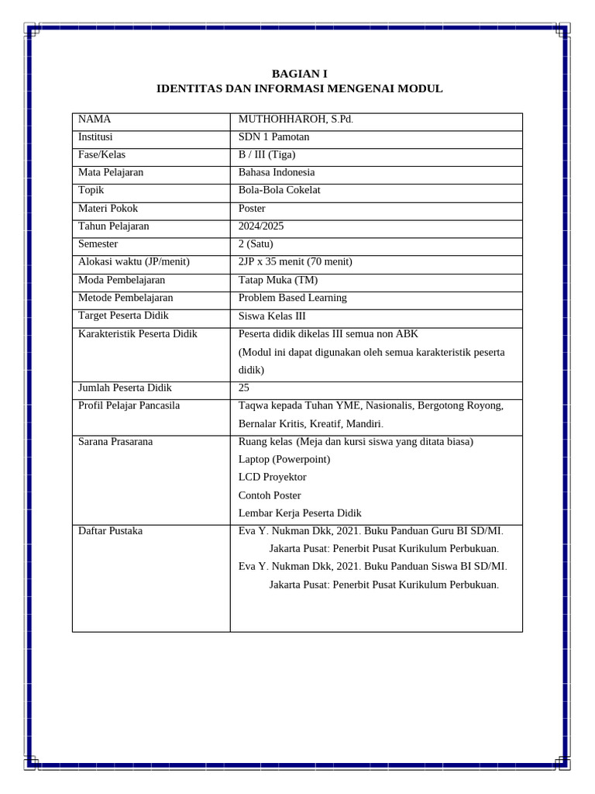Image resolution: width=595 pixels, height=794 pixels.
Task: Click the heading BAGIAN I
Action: click(299, 74)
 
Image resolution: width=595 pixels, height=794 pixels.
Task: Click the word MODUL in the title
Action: click(420, 88)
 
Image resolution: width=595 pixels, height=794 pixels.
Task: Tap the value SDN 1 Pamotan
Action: click(273, 137)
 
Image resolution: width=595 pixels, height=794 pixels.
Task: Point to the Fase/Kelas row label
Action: click(101, 155)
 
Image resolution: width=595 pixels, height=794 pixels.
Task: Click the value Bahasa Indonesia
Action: click(277, 173)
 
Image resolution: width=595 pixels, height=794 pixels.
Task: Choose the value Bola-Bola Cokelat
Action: click(279, 191)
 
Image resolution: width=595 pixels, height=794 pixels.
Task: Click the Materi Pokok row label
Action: click(108, 209)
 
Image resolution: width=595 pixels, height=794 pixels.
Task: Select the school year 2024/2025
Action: click(262, 226)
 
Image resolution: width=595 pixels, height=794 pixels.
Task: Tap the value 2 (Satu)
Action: click(256, 244)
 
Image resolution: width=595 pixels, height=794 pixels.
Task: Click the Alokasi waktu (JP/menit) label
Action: click(134, 262)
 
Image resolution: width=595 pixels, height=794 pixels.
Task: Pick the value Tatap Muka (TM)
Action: click(278, 280)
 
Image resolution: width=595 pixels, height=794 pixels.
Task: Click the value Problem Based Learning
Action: click(293, 298)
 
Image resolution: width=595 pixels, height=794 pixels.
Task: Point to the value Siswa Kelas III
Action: click(272, 316)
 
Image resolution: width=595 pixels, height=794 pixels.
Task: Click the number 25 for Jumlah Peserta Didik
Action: click(244, 388)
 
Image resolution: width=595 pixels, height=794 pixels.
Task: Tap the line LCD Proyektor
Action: click(273, 477)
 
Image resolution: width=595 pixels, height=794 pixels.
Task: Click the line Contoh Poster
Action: click(270, 495)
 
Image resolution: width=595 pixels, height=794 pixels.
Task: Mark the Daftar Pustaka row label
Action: click(110, 531)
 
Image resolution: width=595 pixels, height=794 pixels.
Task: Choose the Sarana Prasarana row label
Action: click(115, 442)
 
